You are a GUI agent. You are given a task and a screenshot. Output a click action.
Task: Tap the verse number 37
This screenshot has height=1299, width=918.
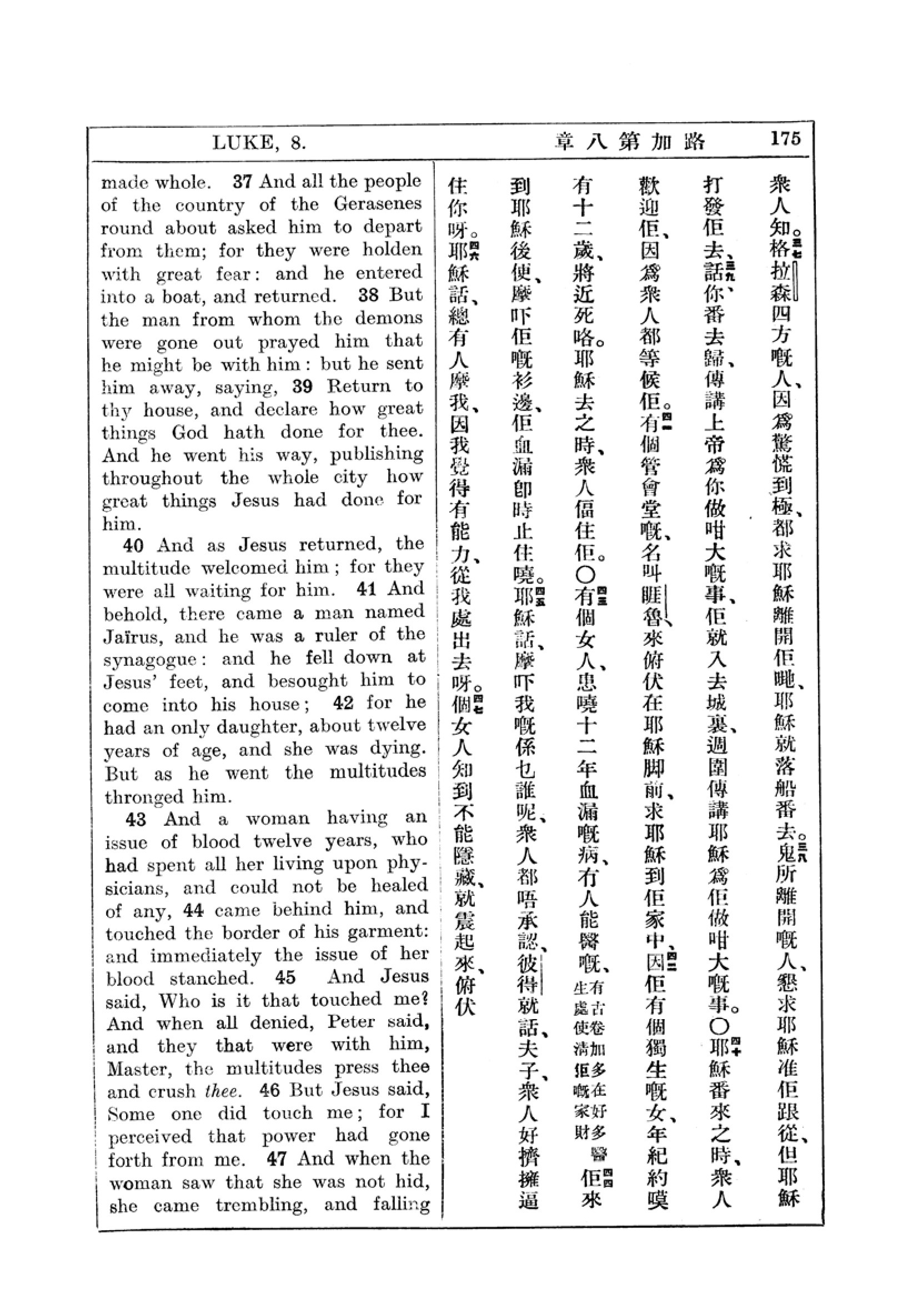click(242, 182)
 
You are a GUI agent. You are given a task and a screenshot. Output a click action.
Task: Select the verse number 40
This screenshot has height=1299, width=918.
click(133, 545)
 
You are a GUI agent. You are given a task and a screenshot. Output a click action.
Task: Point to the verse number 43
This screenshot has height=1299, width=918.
click(136, 819)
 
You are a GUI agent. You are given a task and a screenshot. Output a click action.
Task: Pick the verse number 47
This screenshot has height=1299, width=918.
click(277, 1158)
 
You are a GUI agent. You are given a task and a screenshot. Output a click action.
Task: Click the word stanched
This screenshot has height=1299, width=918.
click(212, 977)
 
